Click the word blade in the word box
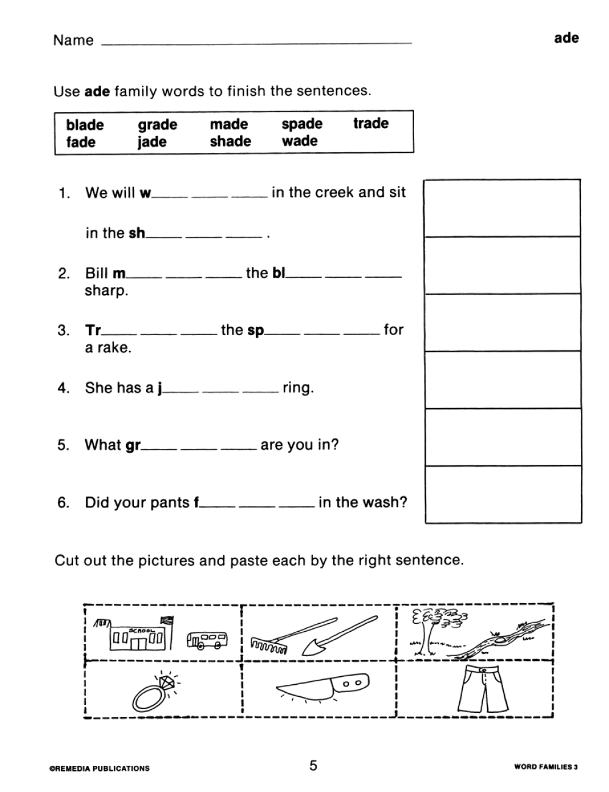[x=85, y=125]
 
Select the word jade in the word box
[x=152, y=143]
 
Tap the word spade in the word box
[x=301, y=124]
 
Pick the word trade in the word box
[x=370, y=124]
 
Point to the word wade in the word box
[x=299, y=141]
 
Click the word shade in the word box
[x=230, y=141]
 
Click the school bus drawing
[x=208, y=639]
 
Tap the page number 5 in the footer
[x=313, y=766]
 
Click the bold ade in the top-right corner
[x=566, y=38]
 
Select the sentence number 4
[x=63, y=388]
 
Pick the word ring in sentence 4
[x=298, y=388]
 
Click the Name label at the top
[x=73, y=40]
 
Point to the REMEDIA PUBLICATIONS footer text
[x=99, y=768]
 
